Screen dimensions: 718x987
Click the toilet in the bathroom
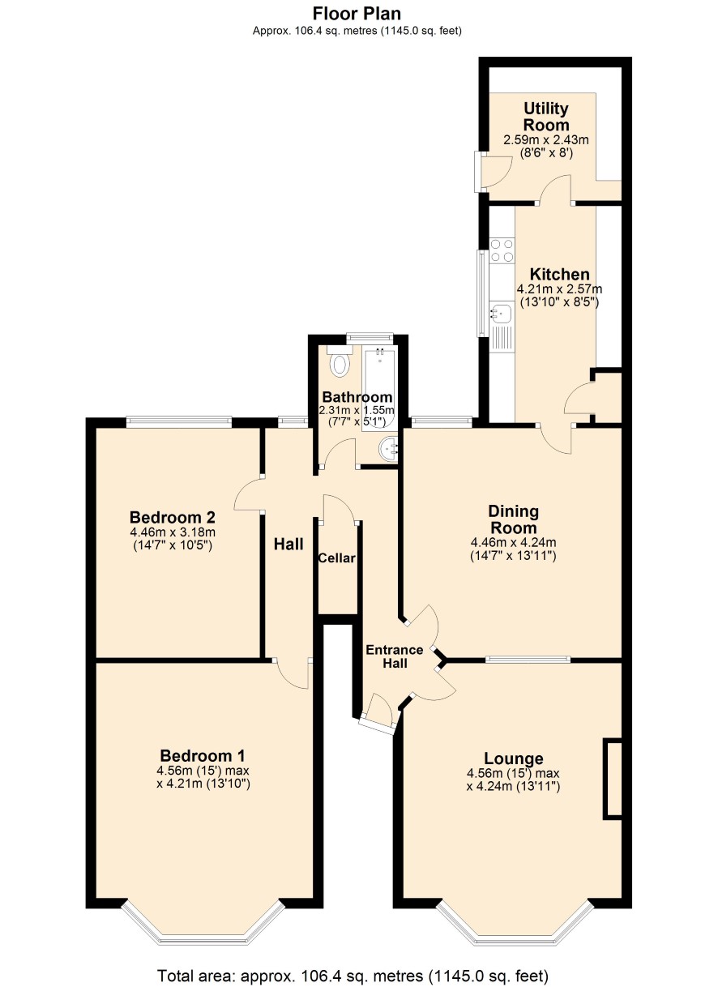(x=340, y=361)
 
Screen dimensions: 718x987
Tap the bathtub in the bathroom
(x=379, y=388)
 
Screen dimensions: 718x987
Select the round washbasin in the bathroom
(x=388, y=449)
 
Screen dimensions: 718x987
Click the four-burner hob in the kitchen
(x=502, y=250)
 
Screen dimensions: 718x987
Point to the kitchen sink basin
(x=502, y=314)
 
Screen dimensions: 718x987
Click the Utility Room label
(x=546, y=117)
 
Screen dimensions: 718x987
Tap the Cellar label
(x=337, y=558)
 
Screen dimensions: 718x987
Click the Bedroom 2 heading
(x=173, y=516)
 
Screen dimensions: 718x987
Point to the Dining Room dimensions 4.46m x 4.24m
(x=514, y=542)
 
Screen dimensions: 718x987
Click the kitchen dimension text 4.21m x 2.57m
(x=559, y=289)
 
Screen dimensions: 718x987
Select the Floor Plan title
(x=357, y=14)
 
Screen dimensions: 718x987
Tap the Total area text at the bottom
(x=353, y=975)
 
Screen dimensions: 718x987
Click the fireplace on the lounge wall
(x=613, y=779)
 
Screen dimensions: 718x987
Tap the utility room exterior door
(x=493, y=172)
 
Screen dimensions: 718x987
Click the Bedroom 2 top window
(x=179, y=421)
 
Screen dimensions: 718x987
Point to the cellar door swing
(x=340, y=509)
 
